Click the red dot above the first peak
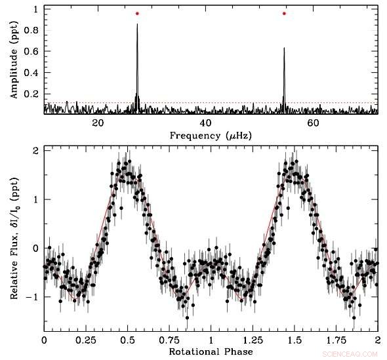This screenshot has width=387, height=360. (137, 13)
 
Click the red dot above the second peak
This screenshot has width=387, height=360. (284, 13)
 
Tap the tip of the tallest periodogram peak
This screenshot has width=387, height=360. (137, 25)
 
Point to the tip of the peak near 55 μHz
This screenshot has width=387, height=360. (284, 48)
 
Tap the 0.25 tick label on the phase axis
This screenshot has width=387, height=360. (85, 341)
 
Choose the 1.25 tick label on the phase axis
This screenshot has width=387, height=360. (253, 341)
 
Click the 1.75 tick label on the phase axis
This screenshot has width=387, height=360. (336, 341)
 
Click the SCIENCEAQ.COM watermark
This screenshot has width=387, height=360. (356, 354)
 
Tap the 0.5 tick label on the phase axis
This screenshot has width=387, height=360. (127, 341)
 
